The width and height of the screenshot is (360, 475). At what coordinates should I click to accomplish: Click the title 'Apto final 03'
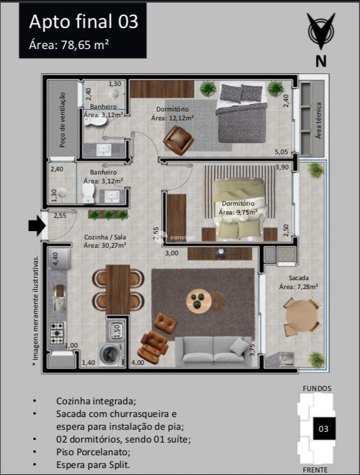(83, 22)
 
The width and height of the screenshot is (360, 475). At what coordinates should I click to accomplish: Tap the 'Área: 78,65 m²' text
(69, 45)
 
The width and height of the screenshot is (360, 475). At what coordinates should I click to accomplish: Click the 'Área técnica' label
(318, 120)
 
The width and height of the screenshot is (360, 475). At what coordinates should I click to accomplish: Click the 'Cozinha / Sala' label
(104, 240)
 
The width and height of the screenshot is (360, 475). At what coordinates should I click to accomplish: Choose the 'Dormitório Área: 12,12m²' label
(172, 113)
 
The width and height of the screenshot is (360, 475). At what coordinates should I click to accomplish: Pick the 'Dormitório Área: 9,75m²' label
(237, 208)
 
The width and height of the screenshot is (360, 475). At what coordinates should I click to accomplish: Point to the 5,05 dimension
(282, 152)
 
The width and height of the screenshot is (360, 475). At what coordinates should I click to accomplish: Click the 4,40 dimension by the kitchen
(55, 259)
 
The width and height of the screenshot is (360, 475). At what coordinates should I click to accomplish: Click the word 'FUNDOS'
(317, 388)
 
